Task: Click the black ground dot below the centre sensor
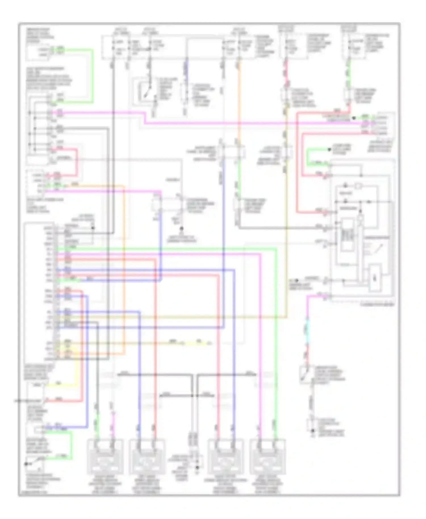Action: click(x=182, y=228)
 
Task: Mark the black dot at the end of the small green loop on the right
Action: click(x=330, y=149)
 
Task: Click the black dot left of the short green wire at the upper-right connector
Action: click(x=354, y=118)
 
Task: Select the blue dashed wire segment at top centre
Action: click(x=186, y=68)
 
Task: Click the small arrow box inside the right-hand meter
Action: click(x=375, y=279)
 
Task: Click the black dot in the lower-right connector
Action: click(x=312, y=431)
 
